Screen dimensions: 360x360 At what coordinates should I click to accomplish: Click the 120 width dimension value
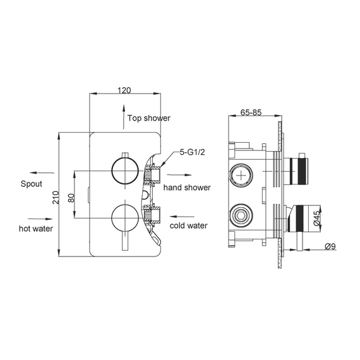point(124,90)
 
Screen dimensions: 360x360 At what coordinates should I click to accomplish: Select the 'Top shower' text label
point(149,118)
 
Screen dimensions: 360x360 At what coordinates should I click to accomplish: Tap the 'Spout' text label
point(31,184)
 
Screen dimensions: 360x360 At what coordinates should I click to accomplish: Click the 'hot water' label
point(35,228)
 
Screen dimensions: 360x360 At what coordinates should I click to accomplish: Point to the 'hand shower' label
point(187,188)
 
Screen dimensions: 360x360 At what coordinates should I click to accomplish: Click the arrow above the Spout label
point(41,172)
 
